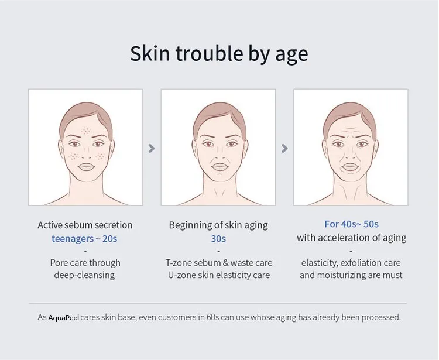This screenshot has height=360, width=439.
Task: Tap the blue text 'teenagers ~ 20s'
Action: (84, 239)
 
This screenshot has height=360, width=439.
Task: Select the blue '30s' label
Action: (218, 239)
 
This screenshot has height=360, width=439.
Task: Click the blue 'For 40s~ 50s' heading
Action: (351, 224)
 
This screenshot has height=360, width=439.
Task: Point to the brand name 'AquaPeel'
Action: (64, 317)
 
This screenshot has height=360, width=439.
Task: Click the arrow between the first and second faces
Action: (152, 148)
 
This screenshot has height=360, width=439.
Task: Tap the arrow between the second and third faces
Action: (284, 148)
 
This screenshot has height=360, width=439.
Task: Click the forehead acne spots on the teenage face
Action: (86, 131)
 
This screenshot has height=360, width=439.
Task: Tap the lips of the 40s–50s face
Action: (350, 167)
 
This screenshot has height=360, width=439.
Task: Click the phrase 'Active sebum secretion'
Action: (85, 225)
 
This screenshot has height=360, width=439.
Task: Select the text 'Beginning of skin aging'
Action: (218, 225)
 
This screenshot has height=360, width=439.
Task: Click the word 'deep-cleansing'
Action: (84, 275)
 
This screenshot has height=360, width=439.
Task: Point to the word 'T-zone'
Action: (179, 263)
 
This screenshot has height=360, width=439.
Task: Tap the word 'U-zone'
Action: (182, 275)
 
